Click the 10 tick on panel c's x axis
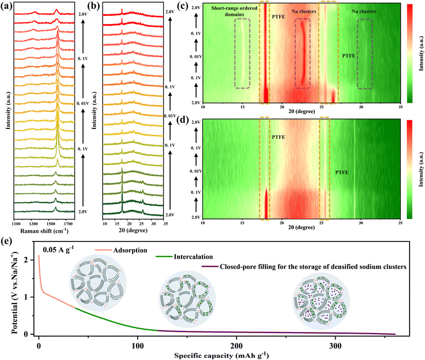[203, 106]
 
